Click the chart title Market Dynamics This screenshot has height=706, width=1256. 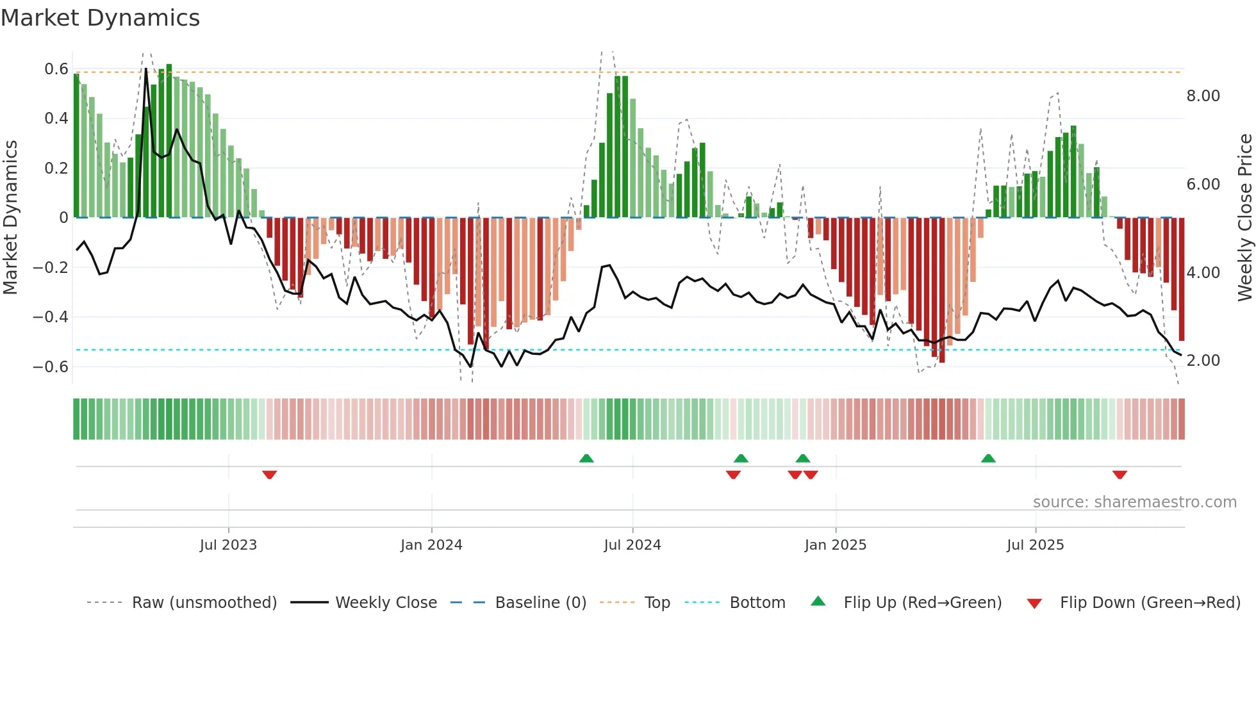(x=100, y=18)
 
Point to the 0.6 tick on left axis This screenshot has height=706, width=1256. (x=56, y=69)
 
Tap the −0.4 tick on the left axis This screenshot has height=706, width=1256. (x=51, y=317)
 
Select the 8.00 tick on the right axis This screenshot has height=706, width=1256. (x=1203, y=96)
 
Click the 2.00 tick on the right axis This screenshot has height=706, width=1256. (x=1203, y=361)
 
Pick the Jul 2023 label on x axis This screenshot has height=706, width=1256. (x=228, y=545)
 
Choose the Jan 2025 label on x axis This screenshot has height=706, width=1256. (x=835, y=545)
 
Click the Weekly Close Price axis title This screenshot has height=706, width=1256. (x=1244, y=217)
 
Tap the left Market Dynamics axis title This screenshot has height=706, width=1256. (x=10, y=217)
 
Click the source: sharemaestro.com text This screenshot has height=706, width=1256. (x=1134, y=502)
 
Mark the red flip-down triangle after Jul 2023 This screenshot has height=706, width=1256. (x=269, y=475)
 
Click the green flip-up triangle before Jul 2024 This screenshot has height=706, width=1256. (x=586, y=458)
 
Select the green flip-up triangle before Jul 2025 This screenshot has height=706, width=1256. (x=988, y=458)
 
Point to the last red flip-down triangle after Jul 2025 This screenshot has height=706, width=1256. (x=1120, y=475)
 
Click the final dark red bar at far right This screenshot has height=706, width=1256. (x=1182, y=279)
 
